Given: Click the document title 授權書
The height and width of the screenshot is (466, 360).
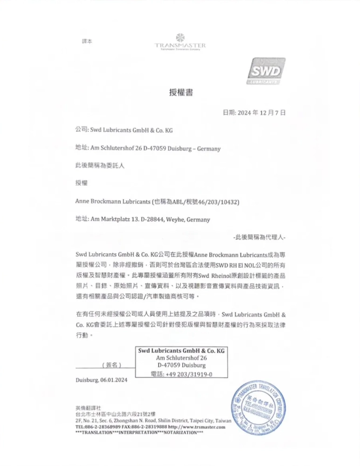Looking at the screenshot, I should point(180,93).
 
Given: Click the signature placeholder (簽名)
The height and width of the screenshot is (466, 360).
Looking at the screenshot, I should point(112,365).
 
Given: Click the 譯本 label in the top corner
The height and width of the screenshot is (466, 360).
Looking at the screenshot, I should point(87,41).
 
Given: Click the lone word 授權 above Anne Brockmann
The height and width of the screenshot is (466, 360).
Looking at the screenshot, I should point(82,184).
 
